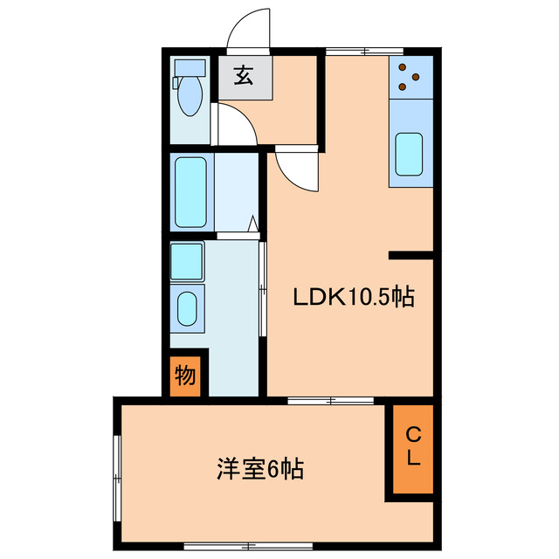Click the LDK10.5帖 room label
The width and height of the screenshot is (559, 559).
coord(352,298)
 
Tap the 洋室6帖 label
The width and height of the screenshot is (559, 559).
coord(259,470)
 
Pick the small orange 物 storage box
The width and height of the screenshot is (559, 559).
coord(185,376)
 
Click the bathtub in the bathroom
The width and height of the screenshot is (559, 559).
coord(190,191)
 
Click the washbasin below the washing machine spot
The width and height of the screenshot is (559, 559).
coord(187,307)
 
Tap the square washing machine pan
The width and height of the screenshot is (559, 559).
coord(187,260)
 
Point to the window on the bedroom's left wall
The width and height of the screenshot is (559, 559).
coord(116,473)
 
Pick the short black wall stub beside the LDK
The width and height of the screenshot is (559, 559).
coord(411,255)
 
